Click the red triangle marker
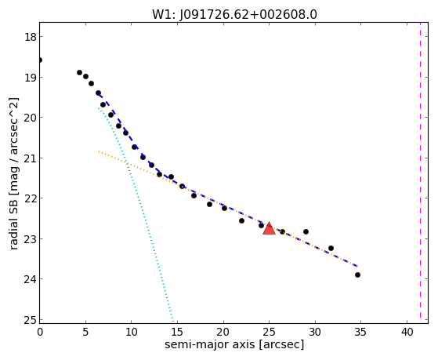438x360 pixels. click(x=269, y=228)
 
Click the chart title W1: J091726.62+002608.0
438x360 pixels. click(x=234, y=15)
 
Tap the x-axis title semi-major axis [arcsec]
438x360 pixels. click(x=234, y=344)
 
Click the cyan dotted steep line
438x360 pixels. click(x=136, y=214)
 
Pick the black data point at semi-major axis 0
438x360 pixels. click(x=40, y=60)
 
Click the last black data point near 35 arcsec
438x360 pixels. click(x=357, y=275)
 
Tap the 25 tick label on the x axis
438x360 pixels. click(x=269, y=332)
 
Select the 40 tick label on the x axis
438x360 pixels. click(x=407, y=332)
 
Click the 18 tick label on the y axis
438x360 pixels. click(x=30, y=37)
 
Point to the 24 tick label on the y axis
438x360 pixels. click(x=30, y=279)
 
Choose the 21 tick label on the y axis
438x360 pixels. click(x=30, y=158)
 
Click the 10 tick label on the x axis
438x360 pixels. click(x=132, y=332)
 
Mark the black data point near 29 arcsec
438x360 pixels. click(x=306, y=231)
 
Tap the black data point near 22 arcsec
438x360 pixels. click(x=241, y=220)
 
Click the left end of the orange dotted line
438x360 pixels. click(x=99, y=151)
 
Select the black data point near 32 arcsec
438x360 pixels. click(x=331, y=248)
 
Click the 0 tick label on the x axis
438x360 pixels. click(x=40, y=332)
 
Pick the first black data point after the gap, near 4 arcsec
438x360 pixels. click(x=79, y=72)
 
